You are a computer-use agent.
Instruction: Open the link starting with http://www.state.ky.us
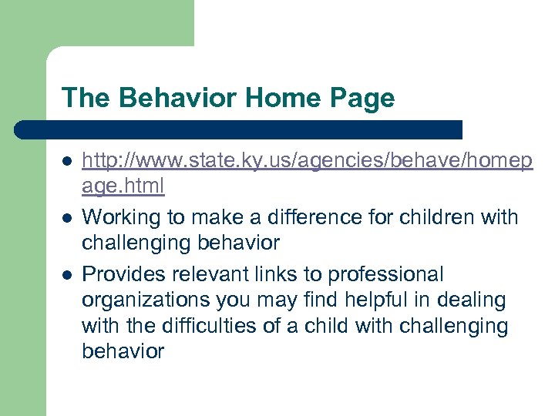coord(307,160)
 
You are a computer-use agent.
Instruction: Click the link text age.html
coord(123,186)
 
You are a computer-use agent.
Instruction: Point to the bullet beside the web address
coord(67,161)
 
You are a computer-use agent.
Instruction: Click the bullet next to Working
coord(67,218)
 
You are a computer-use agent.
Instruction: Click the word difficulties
coord(203,326)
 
